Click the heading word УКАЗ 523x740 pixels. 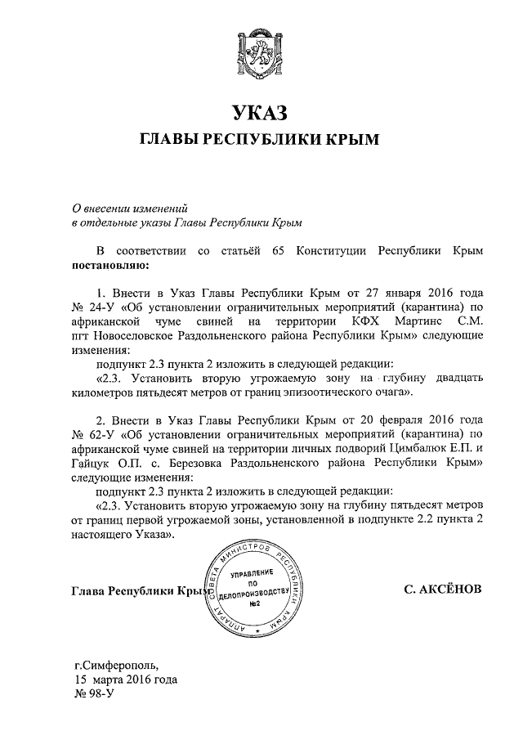click(x=261, y=113)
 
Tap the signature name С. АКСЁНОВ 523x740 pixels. click(x=442, y=589)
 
